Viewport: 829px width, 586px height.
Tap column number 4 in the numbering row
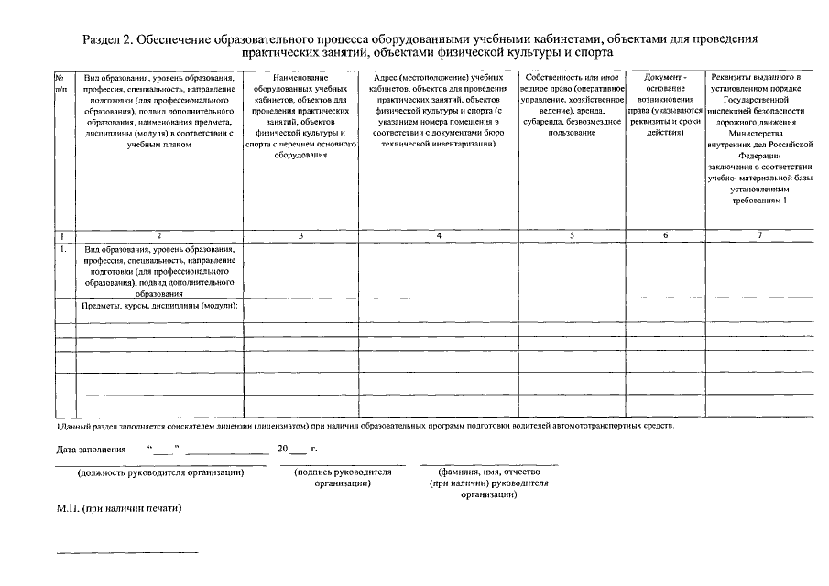pyautogui.click(x=439, y=235)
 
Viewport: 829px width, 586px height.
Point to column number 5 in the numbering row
pyautogui.click(x=572, y=235)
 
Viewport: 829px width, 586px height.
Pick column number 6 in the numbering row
pyautogui.click(x=665, y=235)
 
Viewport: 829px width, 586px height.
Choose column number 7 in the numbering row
pyautogui.click(x=759, y=235)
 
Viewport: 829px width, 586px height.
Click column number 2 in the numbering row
pyautogui.click(x=158, y=235)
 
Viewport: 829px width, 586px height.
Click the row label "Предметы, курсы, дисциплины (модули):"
pyautogui.click(x=160, y=306)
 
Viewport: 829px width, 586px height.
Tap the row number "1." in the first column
pyautogui.click(x=61, y=248)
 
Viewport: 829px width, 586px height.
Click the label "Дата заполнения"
pyautogui.click(x=90, y=450)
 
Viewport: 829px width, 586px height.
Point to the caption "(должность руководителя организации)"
pyautogui.click(x=160, y=472)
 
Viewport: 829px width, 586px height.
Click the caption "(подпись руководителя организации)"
pyautogui.click(x=342, y=477)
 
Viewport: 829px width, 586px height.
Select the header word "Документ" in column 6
pyautogui.click(x=663, y=77)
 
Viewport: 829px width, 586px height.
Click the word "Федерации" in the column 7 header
pyautogui.click(x=759, y=156)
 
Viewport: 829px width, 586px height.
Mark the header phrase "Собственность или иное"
pyautogui.click(x=572, y=77)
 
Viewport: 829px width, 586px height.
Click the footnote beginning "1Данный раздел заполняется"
pyautogui.click(x=365, y=427)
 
